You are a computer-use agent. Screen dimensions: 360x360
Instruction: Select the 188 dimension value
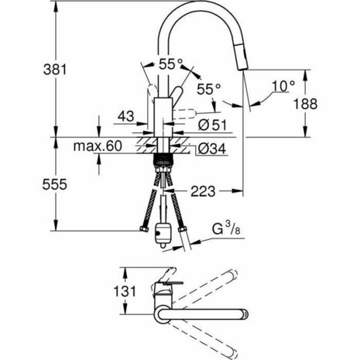tap(331, 105)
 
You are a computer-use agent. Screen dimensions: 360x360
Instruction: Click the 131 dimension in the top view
tap(115, 292)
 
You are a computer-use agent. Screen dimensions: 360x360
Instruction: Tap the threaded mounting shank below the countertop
tap(163, 162)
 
